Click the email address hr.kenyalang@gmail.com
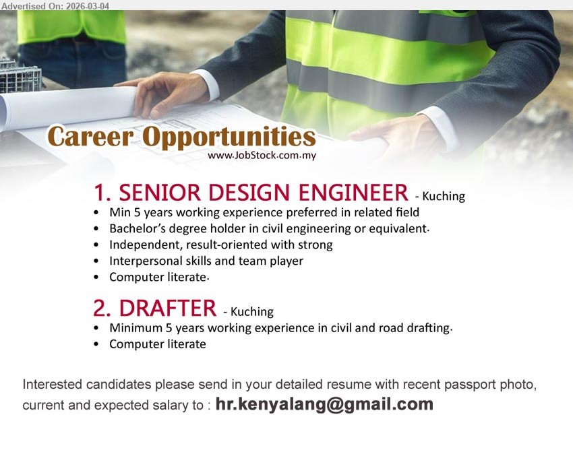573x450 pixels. (x=324, y=405)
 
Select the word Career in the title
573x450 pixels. (x=90, y=137)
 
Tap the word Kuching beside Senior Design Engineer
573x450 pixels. (x=444, y=197)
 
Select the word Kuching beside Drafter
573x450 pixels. (x=252, y=312)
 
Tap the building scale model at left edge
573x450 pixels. (x=19, y=75)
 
